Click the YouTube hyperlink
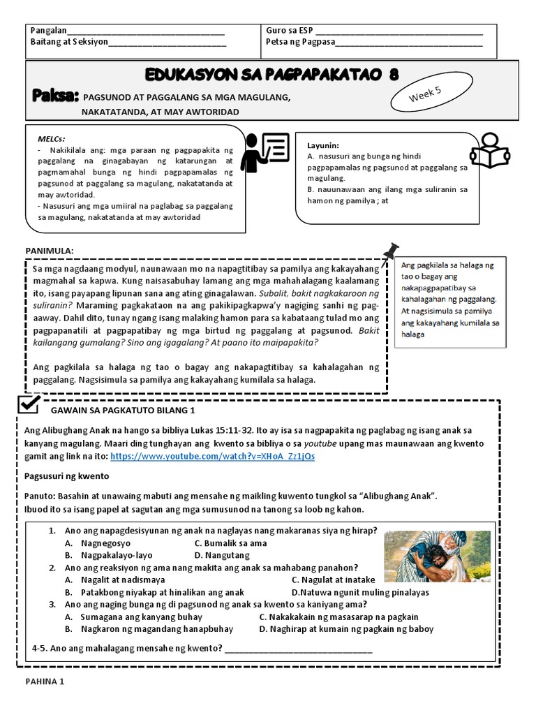(x=212, y=456)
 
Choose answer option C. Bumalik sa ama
(x=230, y=543)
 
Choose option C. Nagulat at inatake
(x=333, y=580)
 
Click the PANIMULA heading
(x=50, y=250)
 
